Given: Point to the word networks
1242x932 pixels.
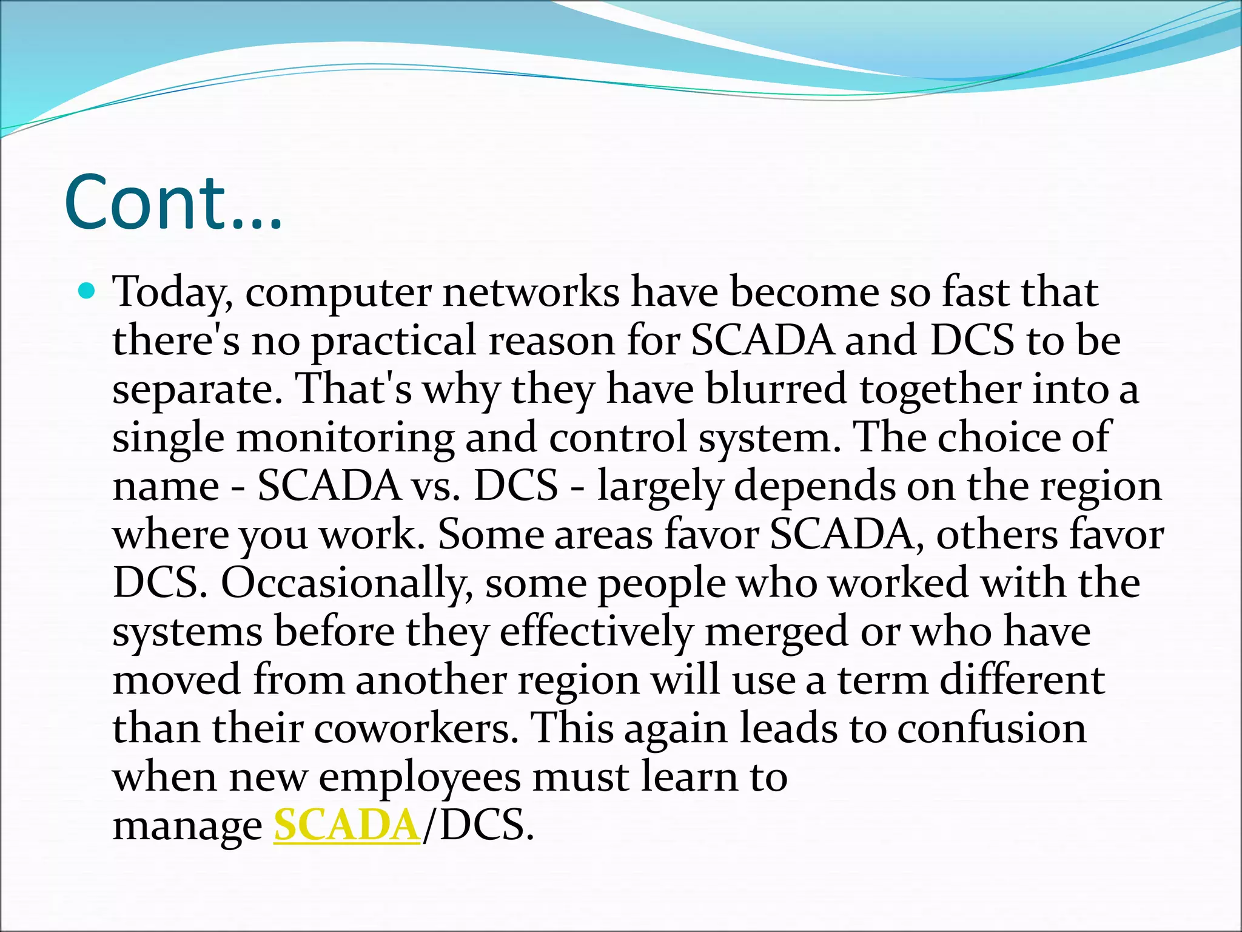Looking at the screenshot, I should pos(531,292).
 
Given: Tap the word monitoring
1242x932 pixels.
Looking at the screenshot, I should pos(344,438).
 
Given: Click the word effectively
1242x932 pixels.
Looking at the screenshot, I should pos(596,632).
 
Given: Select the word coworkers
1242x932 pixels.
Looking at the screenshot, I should pos(416,728).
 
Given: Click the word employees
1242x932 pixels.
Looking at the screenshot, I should pos(420,777).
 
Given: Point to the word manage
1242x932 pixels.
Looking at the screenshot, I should pos(187,826).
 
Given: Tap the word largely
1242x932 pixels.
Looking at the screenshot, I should pos(660,487).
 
